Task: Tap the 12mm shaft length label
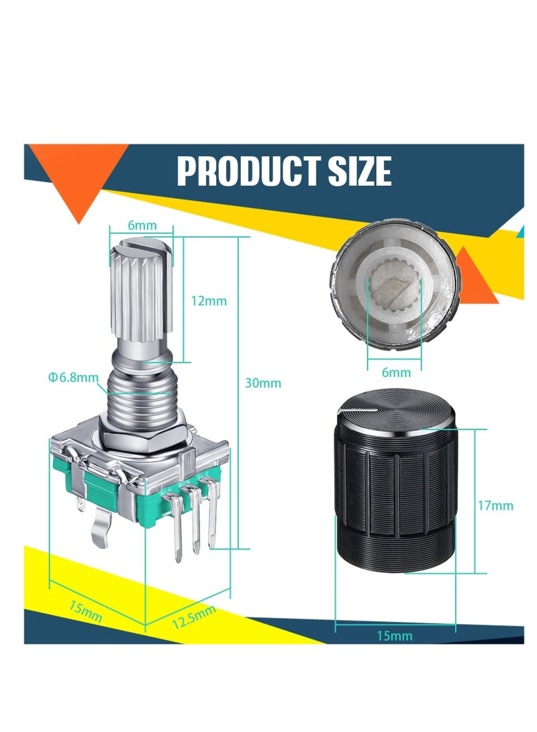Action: (x=209, y=301)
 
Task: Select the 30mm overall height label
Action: (x=262, y=383)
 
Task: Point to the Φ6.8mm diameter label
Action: (x=72, y=378)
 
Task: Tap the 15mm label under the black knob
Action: (x=395, y=635)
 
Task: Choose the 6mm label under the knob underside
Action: (x=395, y=372)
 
